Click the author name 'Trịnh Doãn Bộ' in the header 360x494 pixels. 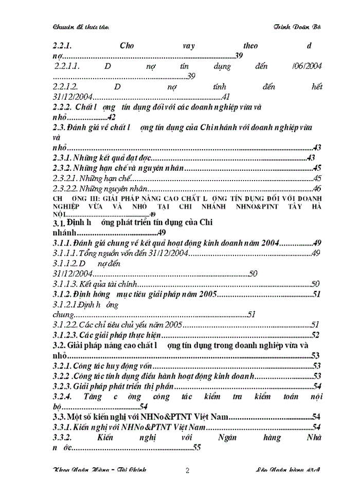click(x=299, y=26)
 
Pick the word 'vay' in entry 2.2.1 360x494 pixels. click(x=188, y=45)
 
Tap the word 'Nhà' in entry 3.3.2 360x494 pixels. click(x=314, y=437)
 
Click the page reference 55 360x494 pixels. click(x=196, y=448)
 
